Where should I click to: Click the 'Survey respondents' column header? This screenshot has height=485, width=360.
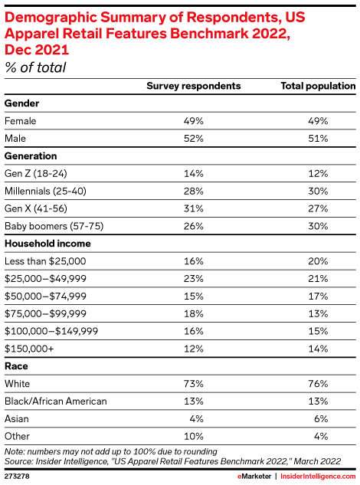194,86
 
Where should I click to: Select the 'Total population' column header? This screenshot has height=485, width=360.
318,86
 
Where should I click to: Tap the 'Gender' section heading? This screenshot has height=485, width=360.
21,103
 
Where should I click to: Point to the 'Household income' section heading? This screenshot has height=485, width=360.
47,244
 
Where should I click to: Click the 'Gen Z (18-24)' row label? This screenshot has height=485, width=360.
35,173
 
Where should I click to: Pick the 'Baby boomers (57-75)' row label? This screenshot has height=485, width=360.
54,226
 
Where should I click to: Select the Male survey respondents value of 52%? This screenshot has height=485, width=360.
194,138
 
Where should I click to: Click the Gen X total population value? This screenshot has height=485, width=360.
318,208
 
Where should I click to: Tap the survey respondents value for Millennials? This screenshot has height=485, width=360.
194,191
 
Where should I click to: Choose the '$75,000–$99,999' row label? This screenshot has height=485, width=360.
45,314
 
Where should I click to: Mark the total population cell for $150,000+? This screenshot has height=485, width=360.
318,349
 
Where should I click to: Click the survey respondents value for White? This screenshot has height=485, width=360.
194,384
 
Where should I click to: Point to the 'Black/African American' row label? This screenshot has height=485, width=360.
56,401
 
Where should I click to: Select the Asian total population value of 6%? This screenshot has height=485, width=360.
321,419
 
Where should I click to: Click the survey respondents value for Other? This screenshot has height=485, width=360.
194,437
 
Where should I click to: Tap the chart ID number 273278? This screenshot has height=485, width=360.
17,476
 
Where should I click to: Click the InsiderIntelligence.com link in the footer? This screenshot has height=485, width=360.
318,477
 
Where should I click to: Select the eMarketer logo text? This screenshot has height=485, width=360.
254,477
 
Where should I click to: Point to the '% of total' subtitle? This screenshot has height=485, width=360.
35,67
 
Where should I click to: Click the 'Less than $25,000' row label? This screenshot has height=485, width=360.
45,261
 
